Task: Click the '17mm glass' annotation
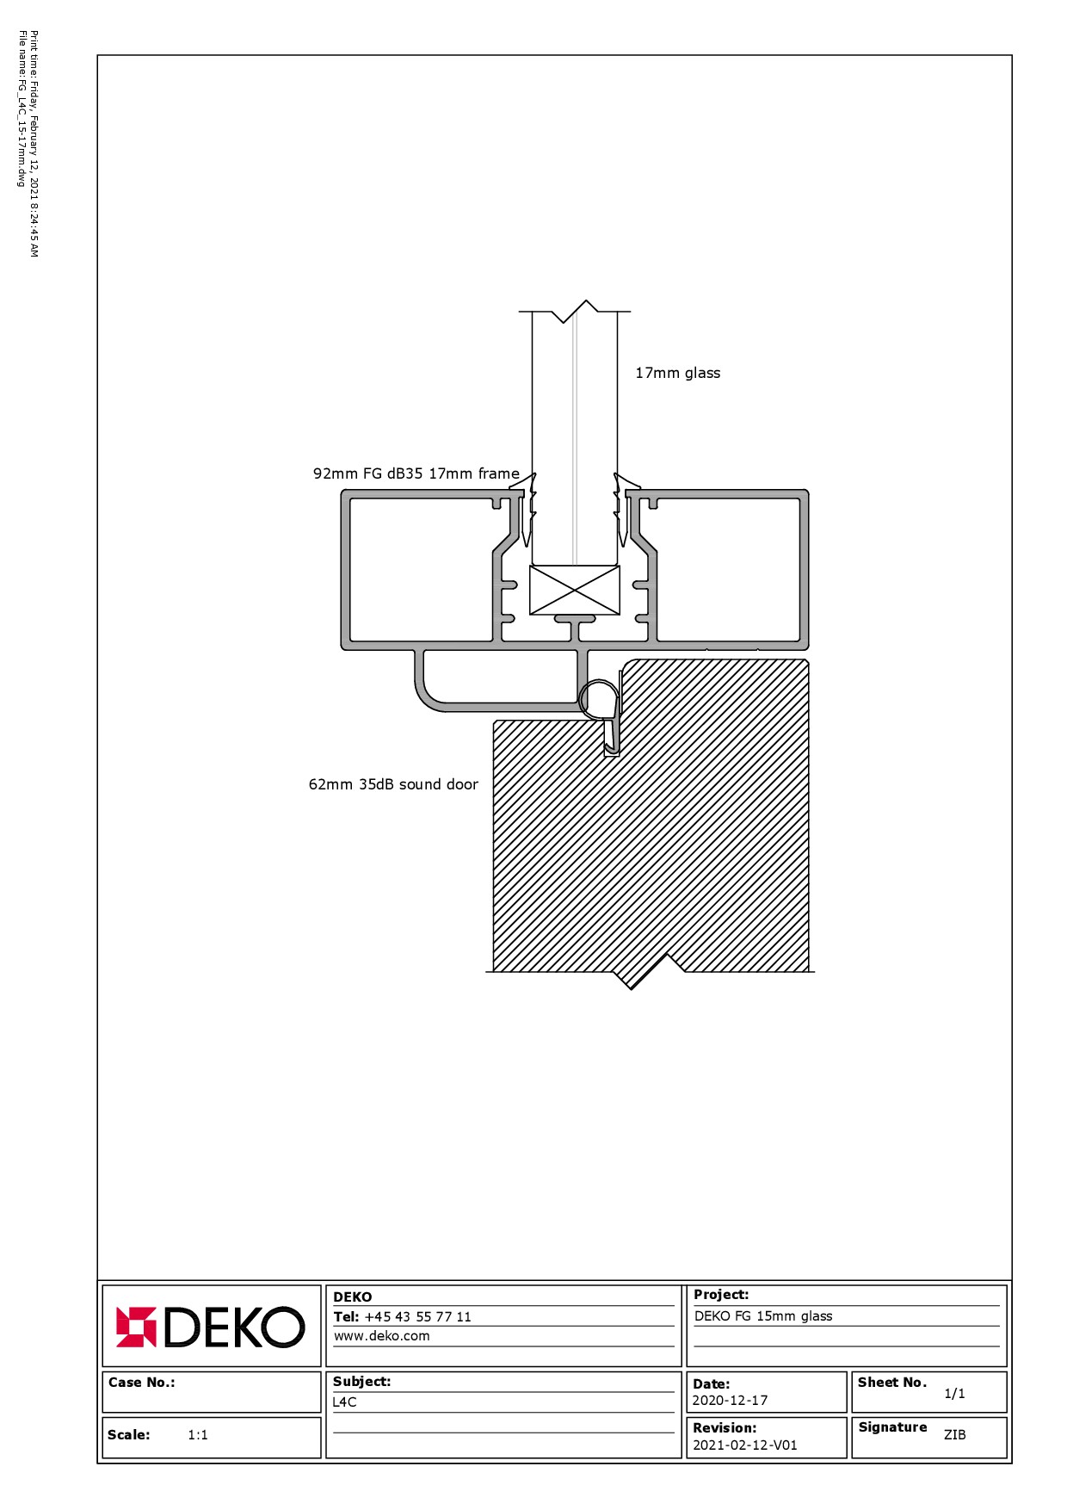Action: (x=677, y=373)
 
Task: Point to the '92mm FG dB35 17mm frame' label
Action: (x=416, y=473)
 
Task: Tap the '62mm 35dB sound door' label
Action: (x=393, y=784)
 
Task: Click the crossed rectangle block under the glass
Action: (x=575, y=590)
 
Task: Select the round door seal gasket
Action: (x=599, y=698)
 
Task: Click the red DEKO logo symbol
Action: (x=136, y=1327)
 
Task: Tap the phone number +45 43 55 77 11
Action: (x=417, y=1317)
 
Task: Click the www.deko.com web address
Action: (x=381, y=1336)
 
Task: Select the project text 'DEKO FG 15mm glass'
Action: (x=763, y=1315)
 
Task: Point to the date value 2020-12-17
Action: (x=730, y=1401)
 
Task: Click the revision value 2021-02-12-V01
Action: (x=745, y=1445)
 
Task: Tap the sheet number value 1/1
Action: (x=954, y=1393)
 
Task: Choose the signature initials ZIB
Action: (x=954, y=1435)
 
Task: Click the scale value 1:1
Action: (x=198, y=1435)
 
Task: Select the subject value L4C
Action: (x=345, y=1402)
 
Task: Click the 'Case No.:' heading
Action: (x=141, y=1383)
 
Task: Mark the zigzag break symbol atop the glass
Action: (x=575, y=312)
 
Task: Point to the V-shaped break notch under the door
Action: (x=651, y=972)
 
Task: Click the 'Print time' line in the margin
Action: (x=34, y=144)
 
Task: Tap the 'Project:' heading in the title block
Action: (x=721, y=1295)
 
